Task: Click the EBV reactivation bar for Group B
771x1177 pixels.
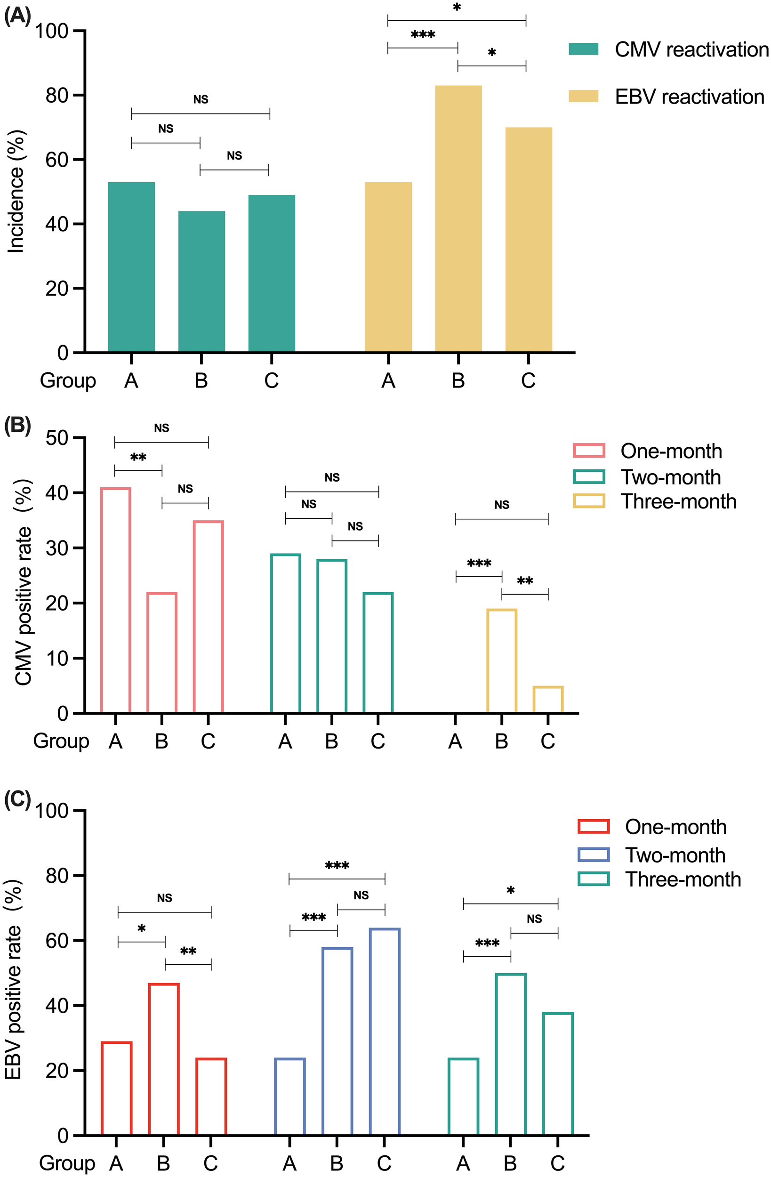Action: [458, 218]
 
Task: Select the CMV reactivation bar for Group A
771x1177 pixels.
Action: [131, 267]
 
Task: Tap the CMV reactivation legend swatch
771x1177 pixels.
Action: [583, 49]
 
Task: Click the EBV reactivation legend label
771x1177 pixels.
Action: [690, 97]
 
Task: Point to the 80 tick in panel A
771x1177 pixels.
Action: [57, 95]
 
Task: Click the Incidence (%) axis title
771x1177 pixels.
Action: [16, 192]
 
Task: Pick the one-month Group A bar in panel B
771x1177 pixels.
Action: [115, 600]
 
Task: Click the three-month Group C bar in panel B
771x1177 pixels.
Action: [548, 700]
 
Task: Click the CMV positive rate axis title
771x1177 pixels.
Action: [23, 583]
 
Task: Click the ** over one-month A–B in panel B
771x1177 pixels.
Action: [138, 458]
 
